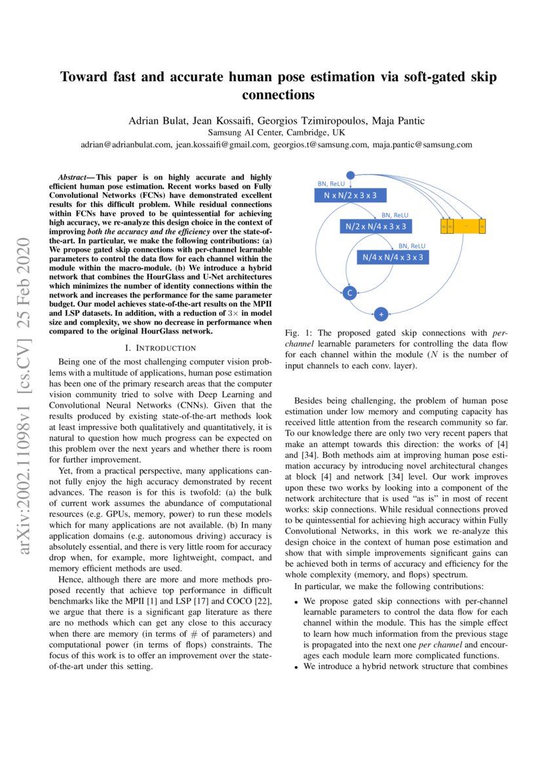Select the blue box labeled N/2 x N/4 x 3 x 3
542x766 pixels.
(x=376, y=226)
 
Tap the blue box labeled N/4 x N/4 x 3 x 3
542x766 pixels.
(x=393, y=257)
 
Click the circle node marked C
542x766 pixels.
(x=349, y=294)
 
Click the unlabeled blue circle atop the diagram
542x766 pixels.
(x=350, y=174)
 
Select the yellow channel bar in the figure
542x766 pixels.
(x=463, y=226)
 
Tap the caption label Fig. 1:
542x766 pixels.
(x=298, y=334)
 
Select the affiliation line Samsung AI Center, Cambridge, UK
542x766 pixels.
(x=271, y=132)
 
